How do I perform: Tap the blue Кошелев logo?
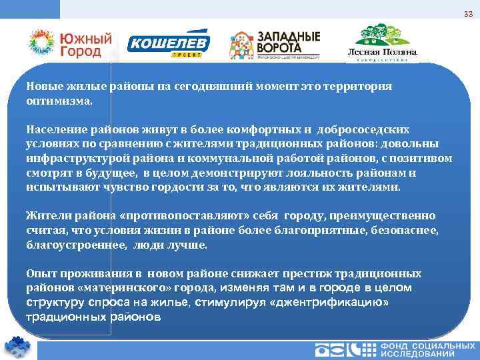pyautogui.click(x=169, y=45)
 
